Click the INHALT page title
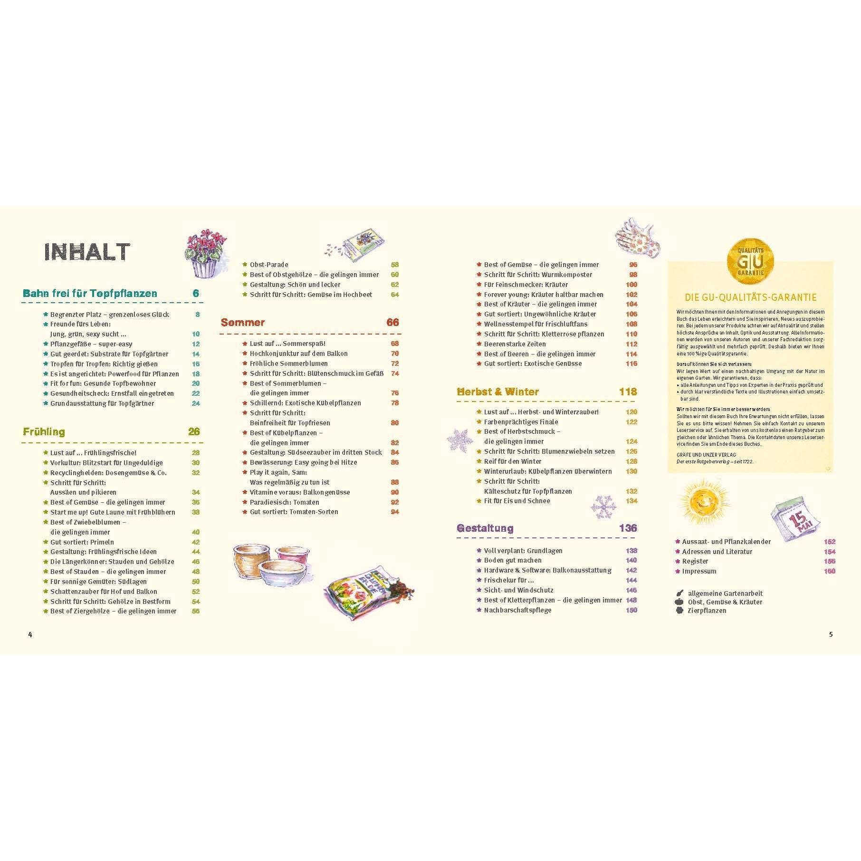[x=87, y=252]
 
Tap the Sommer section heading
[x=243, y=323]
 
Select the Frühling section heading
[x=44, y=432]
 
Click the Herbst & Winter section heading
[x=497, y=392]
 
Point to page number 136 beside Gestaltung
[x=628, y=528]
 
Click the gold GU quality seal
[x=750, y=261]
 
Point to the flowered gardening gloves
[x=637, y=238]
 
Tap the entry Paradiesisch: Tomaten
[x=284, y=502]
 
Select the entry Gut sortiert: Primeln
[x=82, y=542]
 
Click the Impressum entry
[x=699, y=571]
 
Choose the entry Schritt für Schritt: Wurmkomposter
[x=538, y=275]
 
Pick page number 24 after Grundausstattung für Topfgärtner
[x=196, y=403]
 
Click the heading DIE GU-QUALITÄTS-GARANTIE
[x=750, y=298]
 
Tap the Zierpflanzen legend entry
[x=707, y=611]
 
